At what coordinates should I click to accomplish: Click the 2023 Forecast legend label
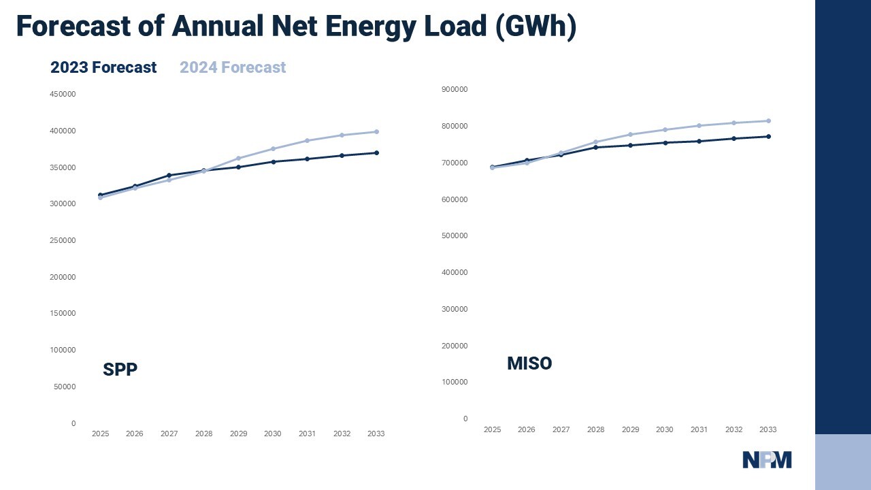(103, 67)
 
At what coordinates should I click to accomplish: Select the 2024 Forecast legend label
(233, 67)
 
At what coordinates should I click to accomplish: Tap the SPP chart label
(120, 370)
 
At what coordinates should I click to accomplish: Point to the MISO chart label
(529, 363)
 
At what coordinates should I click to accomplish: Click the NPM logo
(767, 460)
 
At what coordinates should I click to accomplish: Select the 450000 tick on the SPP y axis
(63, 94)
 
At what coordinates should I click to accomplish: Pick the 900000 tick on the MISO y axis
(455, 89)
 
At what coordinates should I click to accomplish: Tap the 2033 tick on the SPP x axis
(376, 434)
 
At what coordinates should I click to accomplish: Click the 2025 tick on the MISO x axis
(492, 429)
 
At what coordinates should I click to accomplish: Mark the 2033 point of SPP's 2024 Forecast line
(376, 132)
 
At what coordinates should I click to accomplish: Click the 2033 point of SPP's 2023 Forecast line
(376, 153)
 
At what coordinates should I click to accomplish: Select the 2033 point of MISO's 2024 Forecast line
(768, 121)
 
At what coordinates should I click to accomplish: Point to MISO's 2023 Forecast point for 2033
(768, 137)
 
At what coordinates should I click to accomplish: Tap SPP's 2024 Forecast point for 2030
(273, 148)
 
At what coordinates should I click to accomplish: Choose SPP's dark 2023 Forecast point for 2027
(169, 176)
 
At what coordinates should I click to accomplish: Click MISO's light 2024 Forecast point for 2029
(630, 135)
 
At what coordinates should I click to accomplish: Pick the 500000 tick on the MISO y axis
(455, 235)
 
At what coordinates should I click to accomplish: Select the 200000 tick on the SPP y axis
(63, 277)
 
